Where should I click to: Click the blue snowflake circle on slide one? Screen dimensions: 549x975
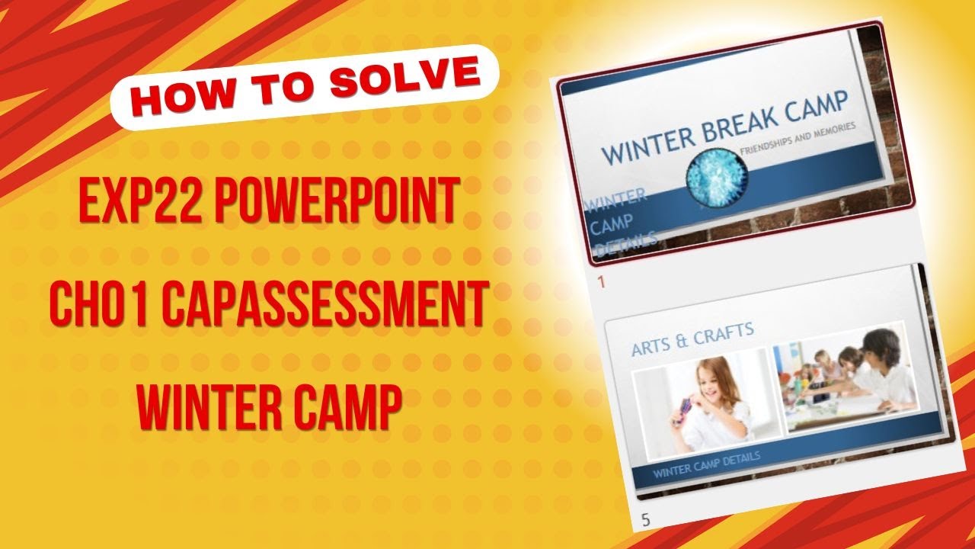[717, 177]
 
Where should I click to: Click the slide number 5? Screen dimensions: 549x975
[646, 521]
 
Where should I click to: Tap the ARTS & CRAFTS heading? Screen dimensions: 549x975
[692, 338]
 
